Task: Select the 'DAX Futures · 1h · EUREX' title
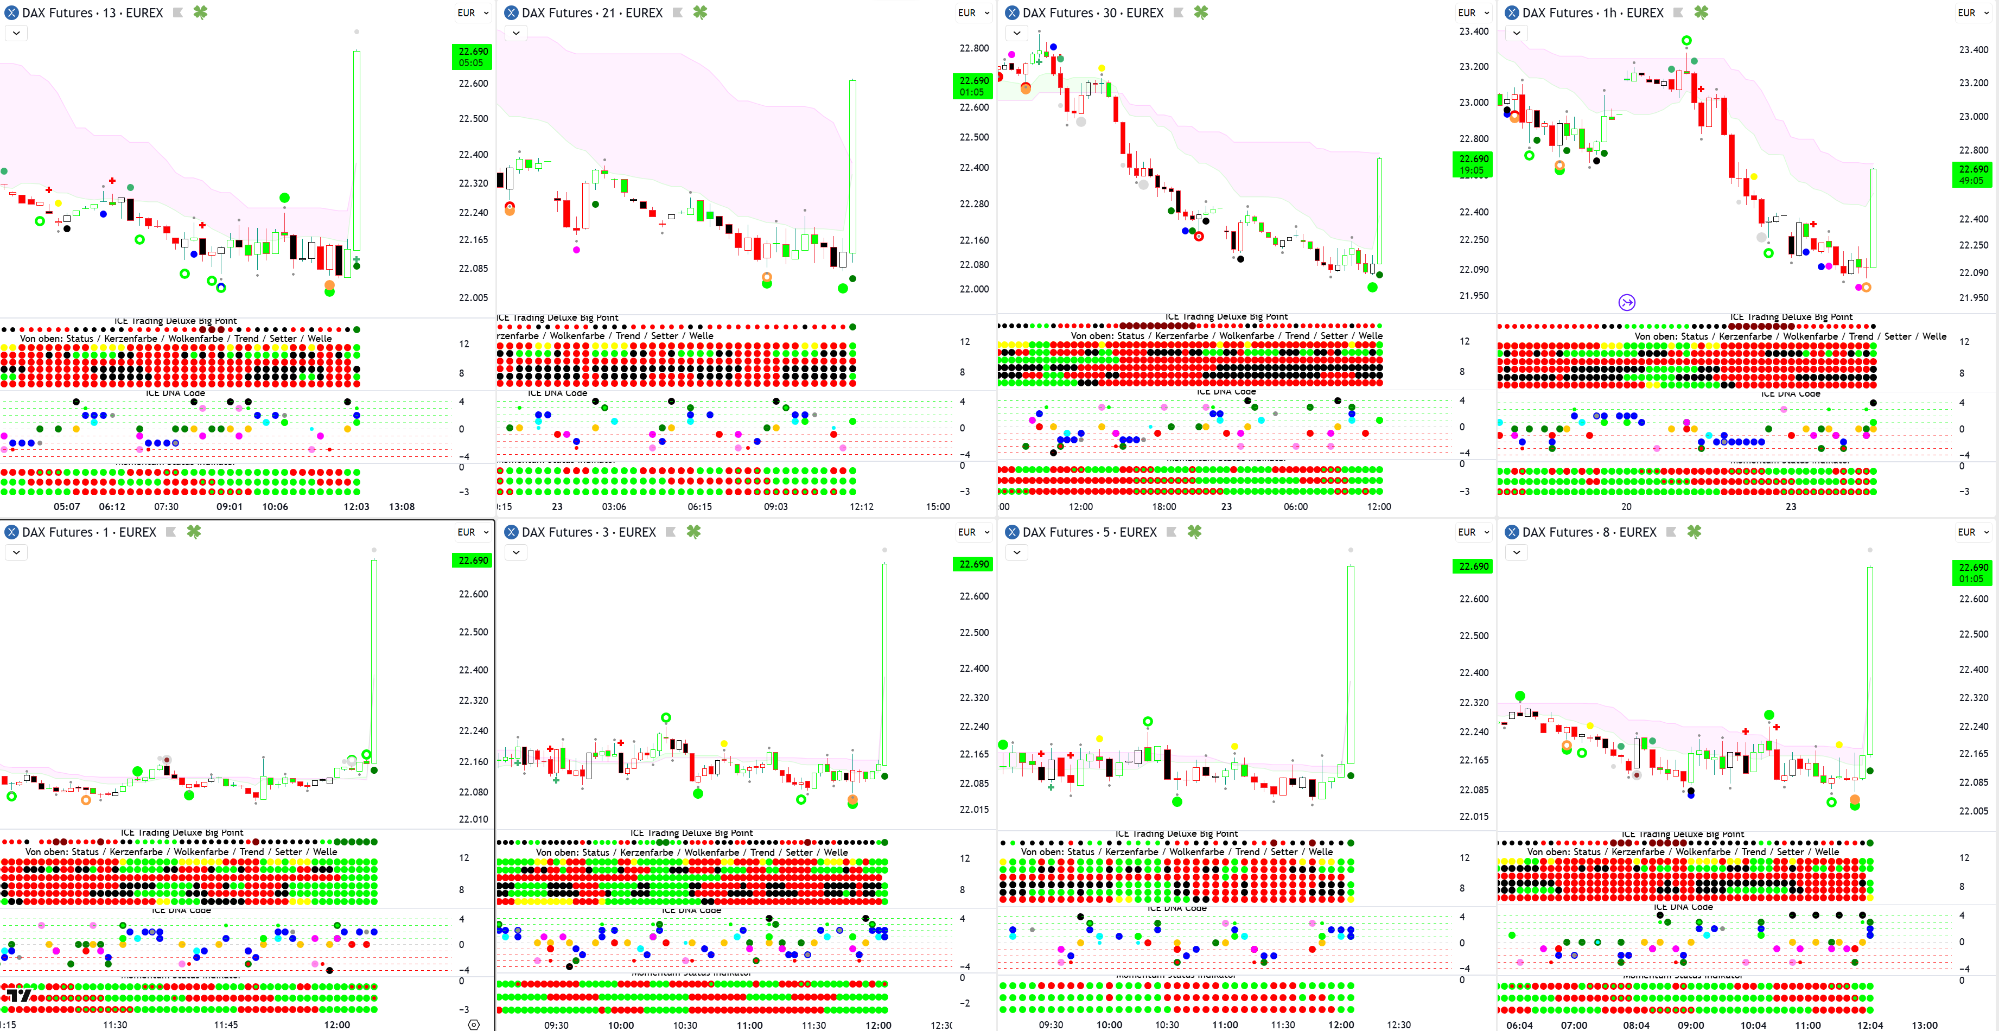pos(1593,13)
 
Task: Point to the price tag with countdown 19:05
pos(1472,164)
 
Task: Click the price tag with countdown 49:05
pos(1972,175)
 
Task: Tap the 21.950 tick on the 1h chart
pos(1973,298)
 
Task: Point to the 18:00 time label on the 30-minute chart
pos(1164,507)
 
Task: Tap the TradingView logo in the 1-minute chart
pos(18,995)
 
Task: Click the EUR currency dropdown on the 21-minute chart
pos(973,13)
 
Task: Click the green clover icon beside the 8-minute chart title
pos(1694,532)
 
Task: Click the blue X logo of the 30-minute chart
pos(1012,13)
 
